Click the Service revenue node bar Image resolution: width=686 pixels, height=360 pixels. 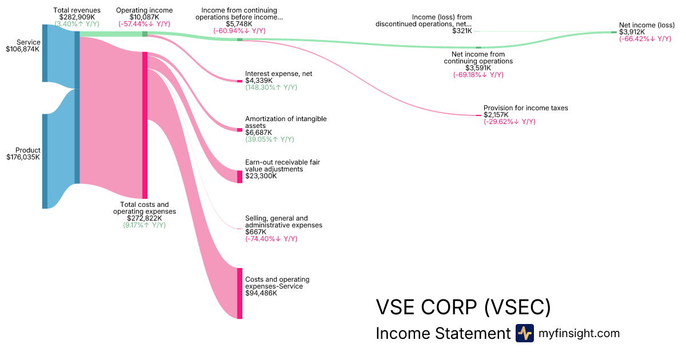[45, 53]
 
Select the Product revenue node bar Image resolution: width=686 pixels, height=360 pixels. [45, 161]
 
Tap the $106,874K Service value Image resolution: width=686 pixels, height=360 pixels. [22, 49]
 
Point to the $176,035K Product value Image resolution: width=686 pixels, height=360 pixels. [22, 157]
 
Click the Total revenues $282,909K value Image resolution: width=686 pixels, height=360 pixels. [77, 17]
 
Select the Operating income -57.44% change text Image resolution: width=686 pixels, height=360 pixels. [144, 24]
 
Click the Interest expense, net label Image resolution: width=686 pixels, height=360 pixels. [278, 74]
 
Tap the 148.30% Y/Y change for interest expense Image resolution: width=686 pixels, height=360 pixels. [271, 87]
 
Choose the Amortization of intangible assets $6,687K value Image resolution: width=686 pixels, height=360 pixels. [258, 133]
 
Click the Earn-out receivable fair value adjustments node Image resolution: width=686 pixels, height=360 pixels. [240, 177]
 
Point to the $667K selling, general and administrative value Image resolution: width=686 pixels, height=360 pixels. [255, 231]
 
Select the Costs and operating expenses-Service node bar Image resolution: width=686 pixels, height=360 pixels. [240, 293]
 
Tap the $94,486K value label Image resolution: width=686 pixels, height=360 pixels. [261, 293]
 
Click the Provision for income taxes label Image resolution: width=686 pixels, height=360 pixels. [525, 108]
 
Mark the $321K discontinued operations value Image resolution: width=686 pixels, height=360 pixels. [462, 31]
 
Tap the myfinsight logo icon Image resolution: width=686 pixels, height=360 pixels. [524, 333]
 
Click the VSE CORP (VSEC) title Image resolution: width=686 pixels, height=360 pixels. [463, 307]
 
